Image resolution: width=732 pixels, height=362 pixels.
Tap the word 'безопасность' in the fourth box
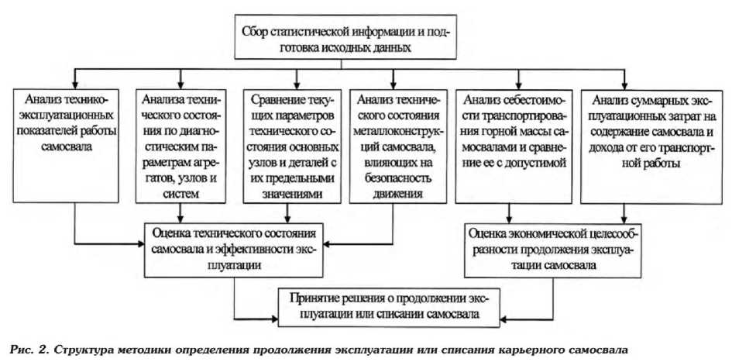[x=393, y=181]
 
